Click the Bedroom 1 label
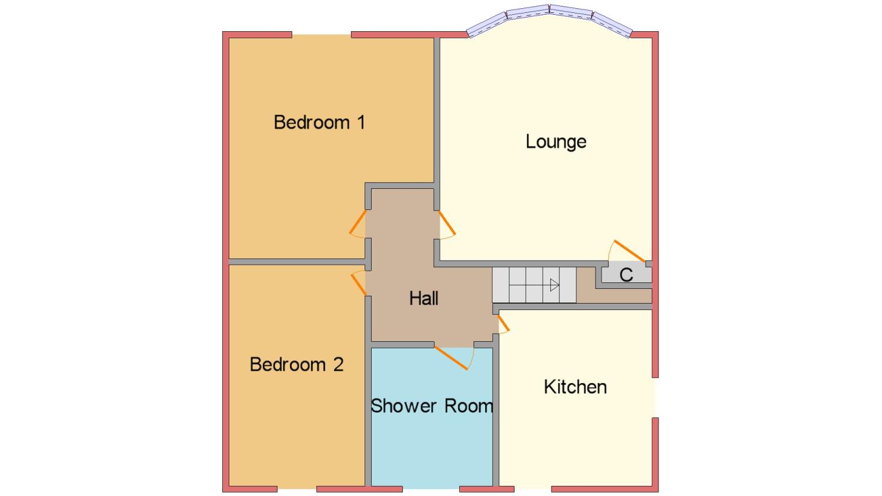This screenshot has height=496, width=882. (x=319, y=122)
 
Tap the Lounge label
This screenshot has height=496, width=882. (x=556, y=142)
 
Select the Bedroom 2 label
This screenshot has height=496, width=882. (x=296, y=364)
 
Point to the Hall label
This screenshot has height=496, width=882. (x=424, y=298)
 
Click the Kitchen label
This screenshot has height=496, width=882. (x=575, y=387)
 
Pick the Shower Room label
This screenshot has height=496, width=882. (x=432, y=406)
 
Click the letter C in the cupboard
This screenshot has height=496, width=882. (x=626, y=275)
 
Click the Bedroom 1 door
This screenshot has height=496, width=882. (x=358, y=222)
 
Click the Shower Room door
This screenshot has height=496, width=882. (x=451, y=358)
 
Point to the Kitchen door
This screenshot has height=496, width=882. (x=503, y=323)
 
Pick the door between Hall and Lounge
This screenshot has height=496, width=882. (x=447, y=223)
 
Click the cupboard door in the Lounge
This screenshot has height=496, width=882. (x=629, y=251)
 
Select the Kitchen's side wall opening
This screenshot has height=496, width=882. (x=655, y=398)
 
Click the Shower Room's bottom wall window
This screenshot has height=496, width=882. (x=431, y=489)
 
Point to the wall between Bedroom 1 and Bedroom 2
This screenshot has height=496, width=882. (x=298, y=262)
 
